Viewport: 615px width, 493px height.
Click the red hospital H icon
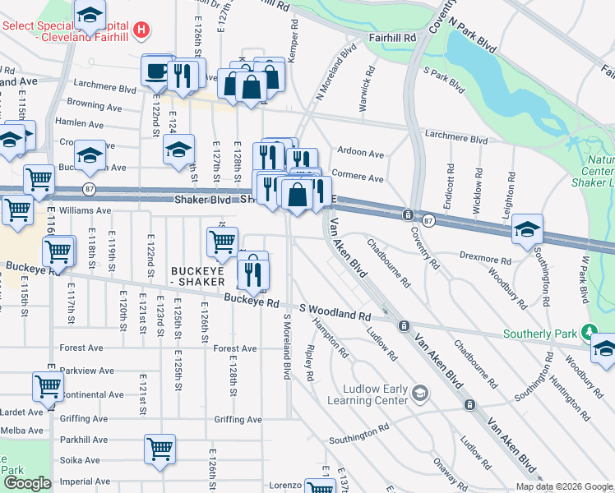142,30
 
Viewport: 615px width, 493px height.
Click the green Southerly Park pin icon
588,333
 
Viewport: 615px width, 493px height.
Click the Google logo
26,482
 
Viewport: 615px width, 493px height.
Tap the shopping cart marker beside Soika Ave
160,449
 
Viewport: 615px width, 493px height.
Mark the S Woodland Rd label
335,311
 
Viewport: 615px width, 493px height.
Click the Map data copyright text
564,486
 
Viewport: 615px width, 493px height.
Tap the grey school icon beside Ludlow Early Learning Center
420,393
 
